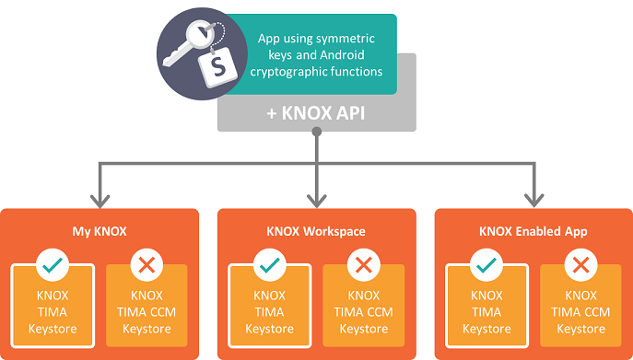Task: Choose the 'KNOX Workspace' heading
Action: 315,230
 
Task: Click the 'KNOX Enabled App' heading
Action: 533,230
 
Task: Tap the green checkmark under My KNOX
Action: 52,265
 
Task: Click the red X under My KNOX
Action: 146,265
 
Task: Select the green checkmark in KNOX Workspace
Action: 269,265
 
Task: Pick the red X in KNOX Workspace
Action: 363,265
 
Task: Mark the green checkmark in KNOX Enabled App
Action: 486,265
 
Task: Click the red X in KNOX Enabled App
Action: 580,265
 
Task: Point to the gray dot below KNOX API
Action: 316,132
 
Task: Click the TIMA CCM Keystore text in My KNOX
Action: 147,312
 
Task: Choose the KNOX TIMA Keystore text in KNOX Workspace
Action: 269,312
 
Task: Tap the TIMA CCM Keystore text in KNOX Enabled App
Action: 580,312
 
